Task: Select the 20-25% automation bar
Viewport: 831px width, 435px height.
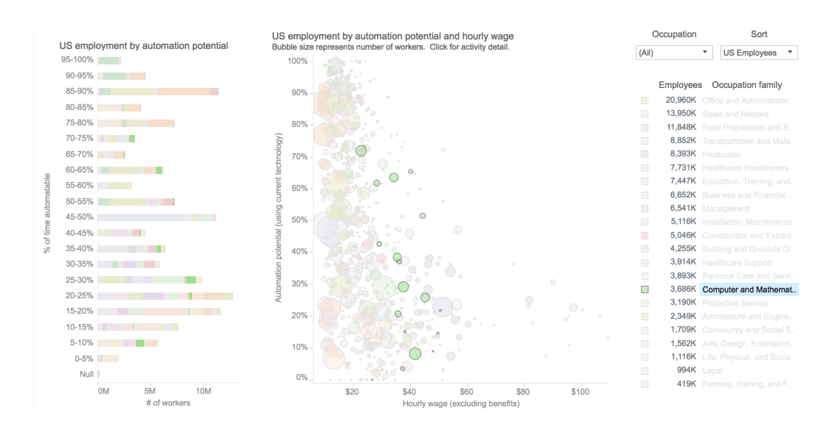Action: tap(165, 296)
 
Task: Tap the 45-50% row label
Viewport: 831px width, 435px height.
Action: tap(79, 217)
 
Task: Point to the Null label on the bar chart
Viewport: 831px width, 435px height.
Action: tap(87, 374)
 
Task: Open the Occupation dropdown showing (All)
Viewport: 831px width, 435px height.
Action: tap(674, 53)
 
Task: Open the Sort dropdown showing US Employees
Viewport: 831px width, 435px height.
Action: tap(758, 53)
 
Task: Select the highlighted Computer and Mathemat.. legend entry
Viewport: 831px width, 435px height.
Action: tap(749, 290)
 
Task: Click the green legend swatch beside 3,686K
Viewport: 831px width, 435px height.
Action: tap(645, 290)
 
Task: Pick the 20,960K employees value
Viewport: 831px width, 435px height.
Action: tap(680, 100)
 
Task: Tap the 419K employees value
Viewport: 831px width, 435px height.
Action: tap(685, 384)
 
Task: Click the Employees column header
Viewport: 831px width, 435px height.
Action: tap(680, 85)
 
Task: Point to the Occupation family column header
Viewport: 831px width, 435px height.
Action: tap(746, 85)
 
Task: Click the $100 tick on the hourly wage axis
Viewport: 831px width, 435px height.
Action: tap(580, 391)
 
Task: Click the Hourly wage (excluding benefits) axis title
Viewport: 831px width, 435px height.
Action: tap(461, 404)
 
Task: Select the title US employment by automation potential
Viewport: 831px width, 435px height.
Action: tap(143, 46)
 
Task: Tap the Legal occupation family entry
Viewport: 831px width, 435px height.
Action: tap(712, 370)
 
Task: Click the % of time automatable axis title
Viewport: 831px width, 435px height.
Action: tap(47, 216)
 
